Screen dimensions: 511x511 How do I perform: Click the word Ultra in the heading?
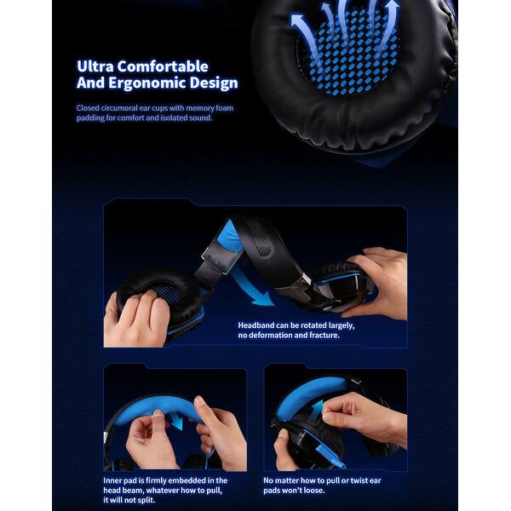(95, 66)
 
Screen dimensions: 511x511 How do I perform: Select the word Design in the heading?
(214, 83)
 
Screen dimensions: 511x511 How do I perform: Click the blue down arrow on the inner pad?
(178, 421)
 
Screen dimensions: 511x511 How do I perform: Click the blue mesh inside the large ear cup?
(348, 52)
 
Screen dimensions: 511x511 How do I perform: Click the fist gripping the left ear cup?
(137, 318)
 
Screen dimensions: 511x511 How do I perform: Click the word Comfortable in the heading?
(163, 66)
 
